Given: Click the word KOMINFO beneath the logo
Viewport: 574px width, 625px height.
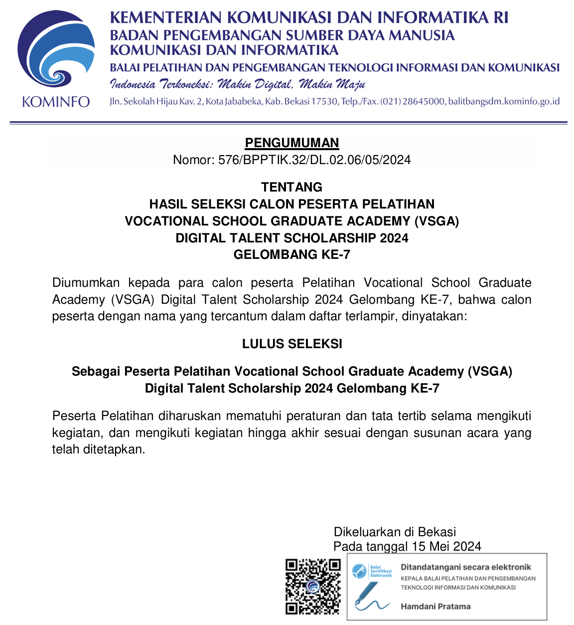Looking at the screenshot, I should click(x=56, y=102).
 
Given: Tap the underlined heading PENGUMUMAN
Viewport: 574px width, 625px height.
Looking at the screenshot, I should click(x=292, y=143).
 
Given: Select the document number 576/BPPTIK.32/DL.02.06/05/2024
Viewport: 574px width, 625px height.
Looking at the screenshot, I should click(x=314, y=160).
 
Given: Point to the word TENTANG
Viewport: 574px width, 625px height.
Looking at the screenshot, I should click(x=292, y=187).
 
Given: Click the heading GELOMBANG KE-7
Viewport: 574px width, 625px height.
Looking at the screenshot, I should click(x=292, y=254).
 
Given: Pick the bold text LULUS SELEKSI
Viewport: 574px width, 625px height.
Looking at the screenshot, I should click(x=292, y=344).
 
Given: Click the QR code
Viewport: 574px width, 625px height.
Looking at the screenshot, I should click(x=313, y=587).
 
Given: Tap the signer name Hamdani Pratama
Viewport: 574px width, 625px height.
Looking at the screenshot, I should click(x=435, y=607).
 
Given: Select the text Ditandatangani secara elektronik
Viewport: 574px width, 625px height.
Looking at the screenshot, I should click(x=466, y=567).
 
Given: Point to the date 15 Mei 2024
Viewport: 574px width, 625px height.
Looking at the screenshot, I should click(x=446, y=547).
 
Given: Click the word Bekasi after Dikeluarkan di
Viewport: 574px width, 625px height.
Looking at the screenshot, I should click(x=437, y=532).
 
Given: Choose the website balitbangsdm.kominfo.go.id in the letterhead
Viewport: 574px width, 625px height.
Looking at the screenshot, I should click(x=504, y=101).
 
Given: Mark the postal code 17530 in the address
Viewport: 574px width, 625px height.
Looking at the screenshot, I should click(x=324, y=101).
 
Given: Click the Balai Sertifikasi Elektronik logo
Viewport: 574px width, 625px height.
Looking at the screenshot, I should click(x=372, y=571).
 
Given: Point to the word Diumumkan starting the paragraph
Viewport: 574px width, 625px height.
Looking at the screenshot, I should click(x=86, y=283).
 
